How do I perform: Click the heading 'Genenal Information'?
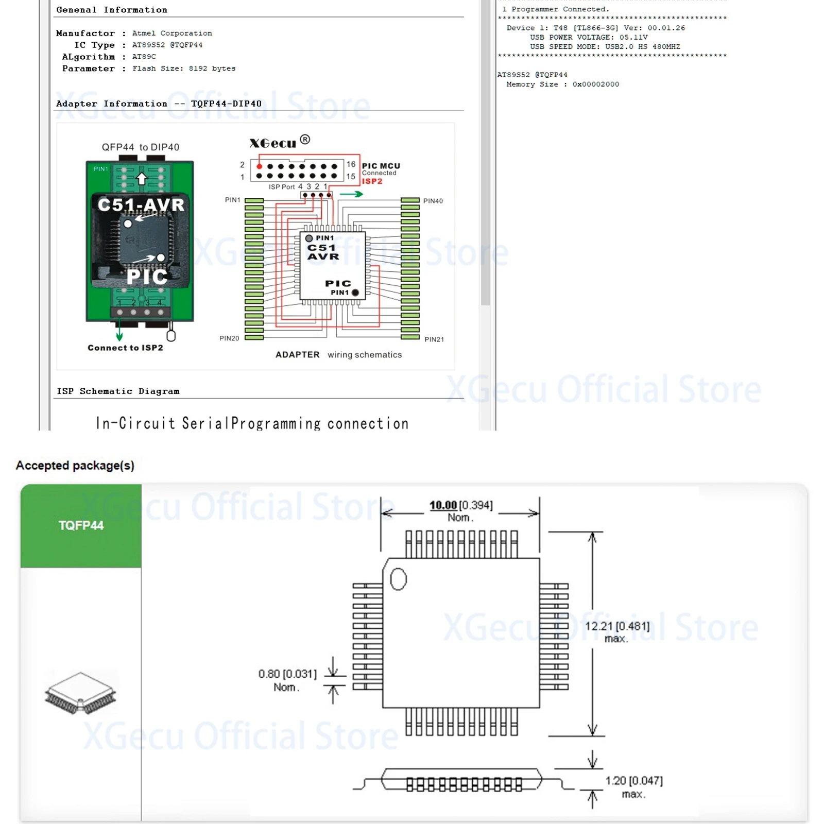[x=112, y=10]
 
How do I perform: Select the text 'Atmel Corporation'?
[x=172, y=33]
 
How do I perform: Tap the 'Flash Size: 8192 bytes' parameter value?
[x=184, y=68]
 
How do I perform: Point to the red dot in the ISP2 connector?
[x=259, y=166]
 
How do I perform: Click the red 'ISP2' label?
[x=372, y=181]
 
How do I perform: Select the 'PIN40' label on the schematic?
[x=433, y=201]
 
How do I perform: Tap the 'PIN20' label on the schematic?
[x=229, y=338]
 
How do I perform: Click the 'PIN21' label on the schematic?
[x=434, y=339]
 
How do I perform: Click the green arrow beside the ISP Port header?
[x=351, y=194]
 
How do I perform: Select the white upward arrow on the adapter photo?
[x=142, y=179]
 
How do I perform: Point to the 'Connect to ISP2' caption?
[x=125, y=348]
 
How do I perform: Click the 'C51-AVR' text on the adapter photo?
[x=141, y=204]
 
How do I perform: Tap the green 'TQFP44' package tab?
[x=81, y=525]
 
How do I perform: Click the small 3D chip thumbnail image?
[x=81, y=693]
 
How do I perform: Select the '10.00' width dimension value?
[x=443, y=505]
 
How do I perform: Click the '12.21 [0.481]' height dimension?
[x=617, y=626]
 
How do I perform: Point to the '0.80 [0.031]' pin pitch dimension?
[x=287, y=674]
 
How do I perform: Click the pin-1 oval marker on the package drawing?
[x=398, y=579]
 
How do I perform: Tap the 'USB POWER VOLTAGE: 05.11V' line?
[x=589, y=37]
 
